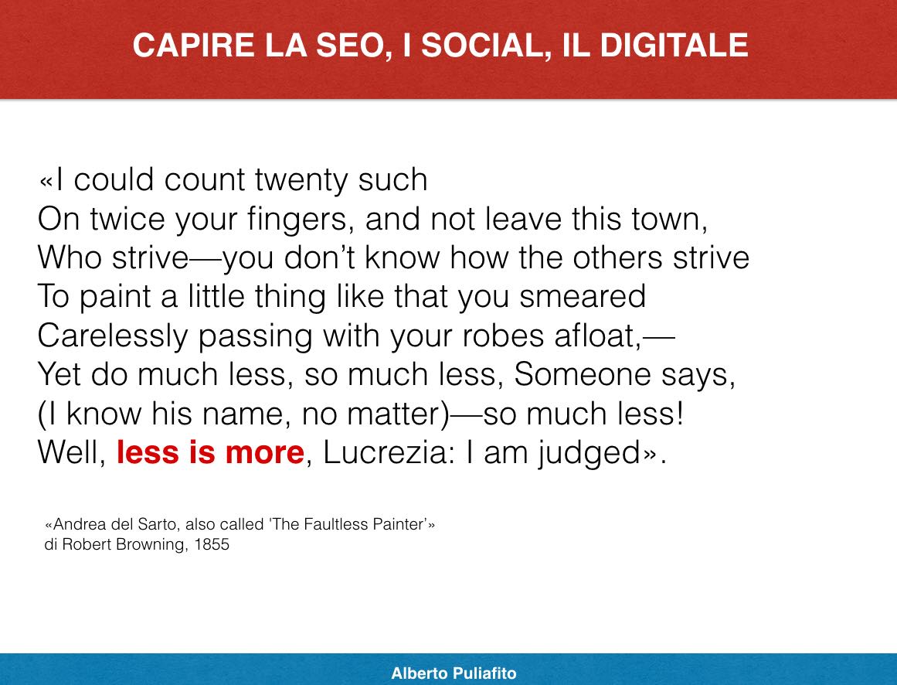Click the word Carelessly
[113, 336]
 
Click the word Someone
[583, 375]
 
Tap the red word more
[264, 453]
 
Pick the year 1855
[212, 544]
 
